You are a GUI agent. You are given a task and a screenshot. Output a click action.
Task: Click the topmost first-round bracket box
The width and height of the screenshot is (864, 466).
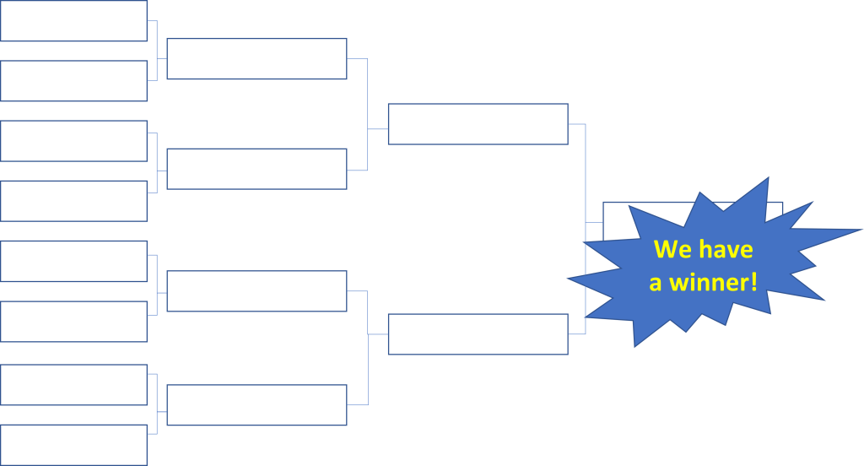(73, 21)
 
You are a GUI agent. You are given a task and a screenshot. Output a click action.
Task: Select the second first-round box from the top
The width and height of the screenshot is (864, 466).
(73, 81)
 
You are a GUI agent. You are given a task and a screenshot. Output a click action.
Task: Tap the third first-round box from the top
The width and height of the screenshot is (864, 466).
(73, 141)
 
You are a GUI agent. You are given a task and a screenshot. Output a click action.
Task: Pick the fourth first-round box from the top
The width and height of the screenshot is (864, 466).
(73, 201)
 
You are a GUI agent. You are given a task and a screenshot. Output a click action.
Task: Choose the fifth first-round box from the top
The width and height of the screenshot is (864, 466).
(73, 262)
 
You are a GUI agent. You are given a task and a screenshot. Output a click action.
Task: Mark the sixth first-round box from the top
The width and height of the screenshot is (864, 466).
(73, 322)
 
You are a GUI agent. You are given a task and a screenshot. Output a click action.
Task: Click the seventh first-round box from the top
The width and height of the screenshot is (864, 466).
(73, 385)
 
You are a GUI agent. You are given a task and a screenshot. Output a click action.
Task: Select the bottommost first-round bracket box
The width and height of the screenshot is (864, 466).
(73, 445)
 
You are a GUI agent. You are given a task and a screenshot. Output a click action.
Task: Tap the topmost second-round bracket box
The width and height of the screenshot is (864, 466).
(256, 59)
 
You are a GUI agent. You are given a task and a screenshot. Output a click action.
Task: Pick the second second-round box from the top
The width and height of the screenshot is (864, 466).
(256, 169)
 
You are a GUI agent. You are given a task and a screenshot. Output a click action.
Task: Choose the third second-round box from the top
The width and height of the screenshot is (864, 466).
(256, 291)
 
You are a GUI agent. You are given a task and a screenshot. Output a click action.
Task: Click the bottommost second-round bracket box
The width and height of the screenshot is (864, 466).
(256, 404)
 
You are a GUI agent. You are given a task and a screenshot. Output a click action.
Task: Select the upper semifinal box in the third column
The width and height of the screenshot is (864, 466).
(478, 124)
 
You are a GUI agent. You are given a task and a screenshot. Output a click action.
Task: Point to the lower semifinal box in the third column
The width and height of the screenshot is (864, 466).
(478, 334)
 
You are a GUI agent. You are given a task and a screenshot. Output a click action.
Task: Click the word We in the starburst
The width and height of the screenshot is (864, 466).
(672, 250)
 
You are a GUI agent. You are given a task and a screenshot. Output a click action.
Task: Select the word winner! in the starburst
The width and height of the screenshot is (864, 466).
(713, 283)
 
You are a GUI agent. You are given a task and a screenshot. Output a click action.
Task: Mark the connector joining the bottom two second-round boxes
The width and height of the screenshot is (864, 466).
(369, 347)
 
